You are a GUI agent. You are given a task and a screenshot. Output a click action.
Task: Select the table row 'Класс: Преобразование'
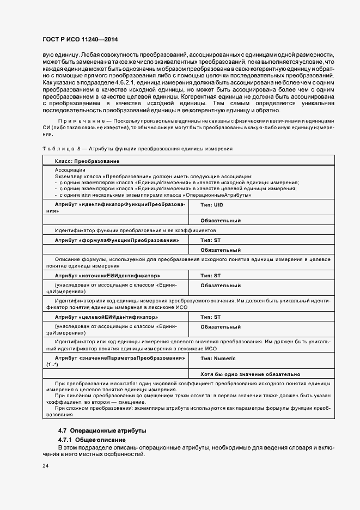(87, 161)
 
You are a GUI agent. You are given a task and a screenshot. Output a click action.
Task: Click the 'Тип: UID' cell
(212, 204)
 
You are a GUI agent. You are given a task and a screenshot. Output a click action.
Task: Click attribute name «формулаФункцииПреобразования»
(117, 240)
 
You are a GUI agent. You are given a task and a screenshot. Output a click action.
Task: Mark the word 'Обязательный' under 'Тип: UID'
(221, 221)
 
